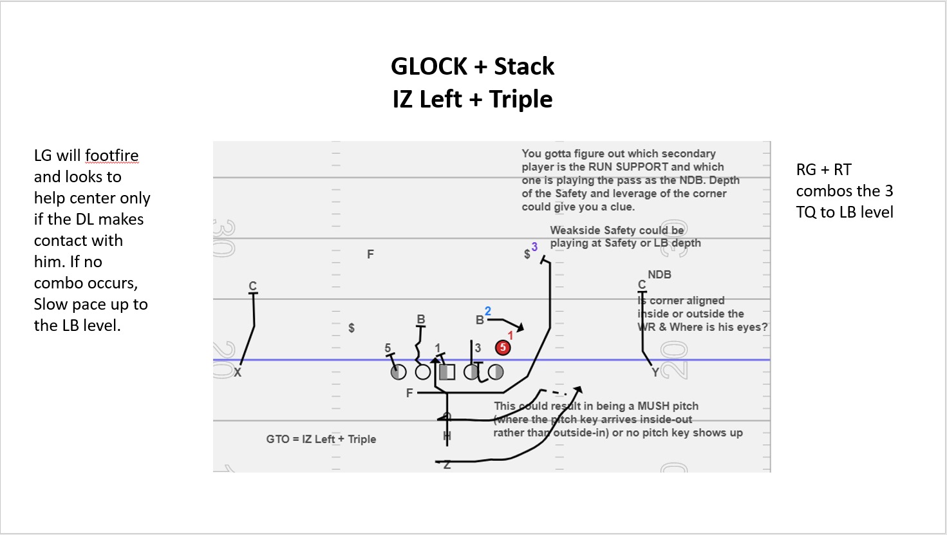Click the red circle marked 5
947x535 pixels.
[503, 348]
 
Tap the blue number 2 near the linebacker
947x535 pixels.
[488, 311]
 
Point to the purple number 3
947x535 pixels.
[534, 247]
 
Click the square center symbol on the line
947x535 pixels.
[447, 372]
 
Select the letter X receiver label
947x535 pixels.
[238, 373]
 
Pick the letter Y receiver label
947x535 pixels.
[655, 373]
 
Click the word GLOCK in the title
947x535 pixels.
[429, 66]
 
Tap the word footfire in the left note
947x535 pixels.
[111, 156]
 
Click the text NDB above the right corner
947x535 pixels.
[659, 275]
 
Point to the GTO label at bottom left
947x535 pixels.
[277, 439]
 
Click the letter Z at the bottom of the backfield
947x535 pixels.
[447, 464]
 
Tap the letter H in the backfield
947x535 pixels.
[447, 436]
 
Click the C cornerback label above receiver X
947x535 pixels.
[253, 286]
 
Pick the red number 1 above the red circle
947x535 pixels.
[511, 335]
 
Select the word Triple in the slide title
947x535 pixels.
[521, 99]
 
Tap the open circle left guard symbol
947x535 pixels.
[423, 372]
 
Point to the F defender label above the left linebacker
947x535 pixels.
[370, 254]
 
